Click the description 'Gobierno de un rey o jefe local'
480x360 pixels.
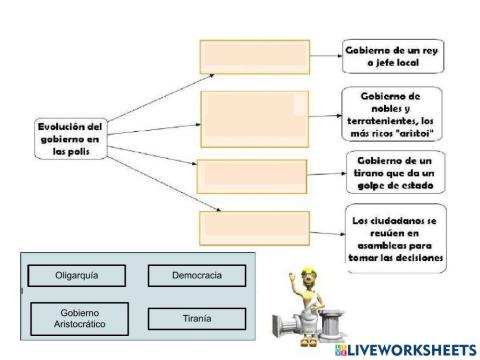[x=385, y=55]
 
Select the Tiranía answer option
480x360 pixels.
[x=196, y=318]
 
